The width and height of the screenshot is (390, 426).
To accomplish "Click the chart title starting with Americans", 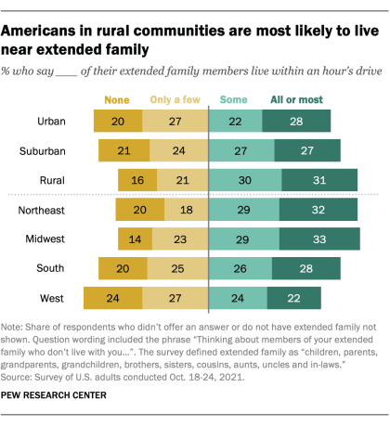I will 186,28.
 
